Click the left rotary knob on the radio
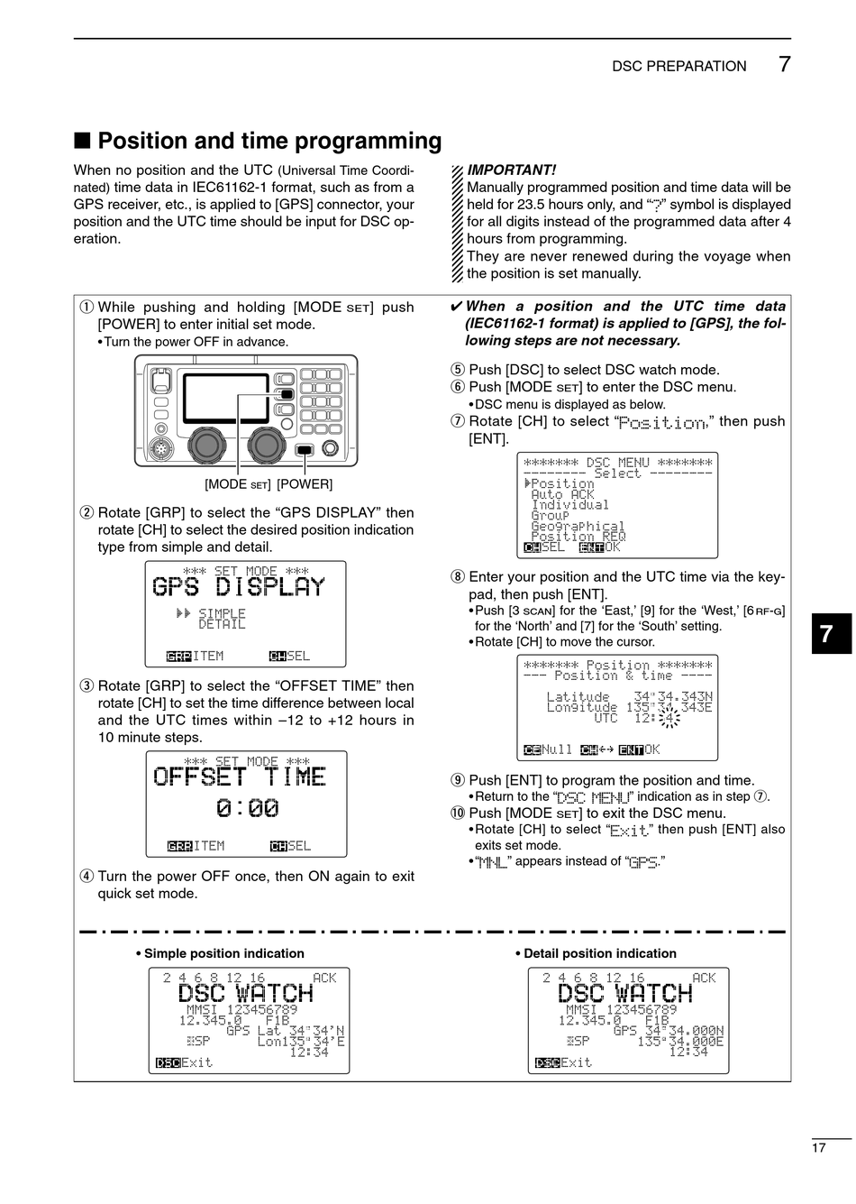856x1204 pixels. [207, 443]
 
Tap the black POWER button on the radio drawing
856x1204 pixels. [305, 449]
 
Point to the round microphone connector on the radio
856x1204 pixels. [161, 448]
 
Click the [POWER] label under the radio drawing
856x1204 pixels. [305, 484]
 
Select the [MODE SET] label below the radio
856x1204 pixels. [238, 484]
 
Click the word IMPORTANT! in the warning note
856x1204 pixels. [512, 170]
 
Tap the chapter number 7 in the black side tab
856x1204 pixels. [827, 635]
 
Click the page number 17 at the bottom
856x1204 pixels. [818, 1148]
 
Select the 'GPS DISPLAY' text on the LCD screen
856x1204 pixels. [239, 587]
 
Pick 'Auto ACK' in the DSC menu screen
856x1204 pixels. [562, 494]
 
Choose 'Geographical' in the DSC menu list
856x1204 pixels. [578, 526]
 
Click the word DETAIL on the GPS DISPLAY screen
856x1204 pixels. [222, 624]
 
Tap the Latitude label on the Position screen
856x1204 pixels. [578, 696]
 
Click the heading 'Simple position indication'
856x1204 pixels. [223, 953]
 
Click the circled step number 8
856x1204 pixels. [458, 577]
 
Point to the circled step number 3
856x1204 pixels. [87, 686]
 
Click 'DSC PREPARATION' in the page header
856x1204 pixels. [679, 66]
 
